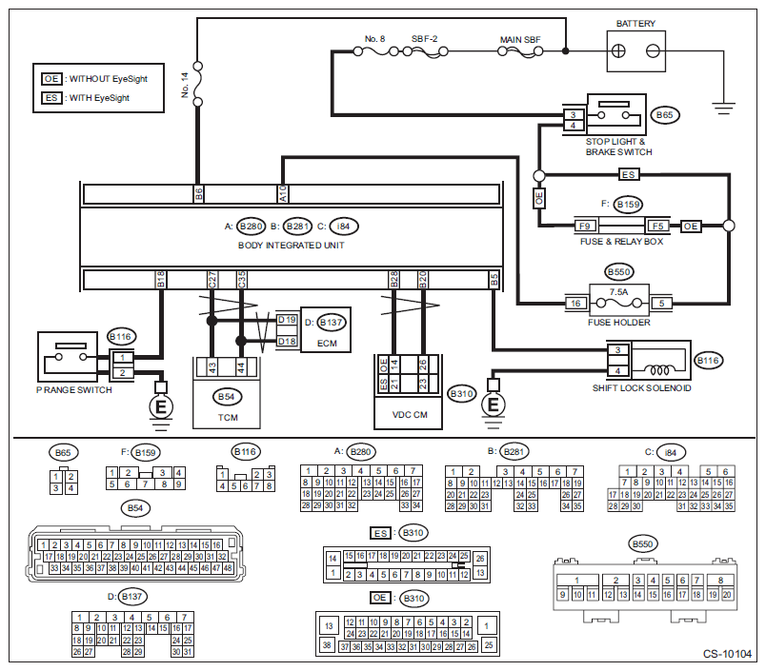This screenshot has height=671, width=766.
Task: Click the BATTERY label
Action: [x=635, y=24]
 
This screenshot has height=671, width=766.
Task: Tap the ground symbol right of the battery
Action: [x=725, y=105]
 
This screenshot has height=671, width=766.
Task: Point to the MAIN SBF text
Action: [x=520, y=41]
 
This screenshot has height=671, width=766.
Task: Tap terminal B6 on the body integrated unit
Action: [x=198, y=194]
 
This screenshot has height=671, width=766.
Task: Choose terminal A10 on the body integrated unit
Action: [x=283, y=194]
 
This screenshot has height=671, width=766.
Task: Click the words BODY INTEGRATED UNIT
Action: [x=291, y=245]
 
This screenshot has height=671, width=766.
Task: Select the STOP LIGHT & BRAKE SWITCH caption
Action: [x=619, y=147]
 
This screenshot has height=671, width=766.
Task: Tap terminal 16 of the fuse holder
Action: [x=575, y=304]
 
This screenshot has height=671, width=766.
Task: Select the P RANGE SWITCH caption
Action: [x=72, y=389]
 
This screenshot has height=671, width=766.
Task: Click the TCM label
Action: [x=227, y=417]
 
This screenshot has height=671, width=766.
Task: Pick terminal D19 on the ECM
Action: [x=287, y=321]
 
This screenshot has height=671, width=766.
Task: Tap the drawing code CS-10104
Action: [x=728, y=656]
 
